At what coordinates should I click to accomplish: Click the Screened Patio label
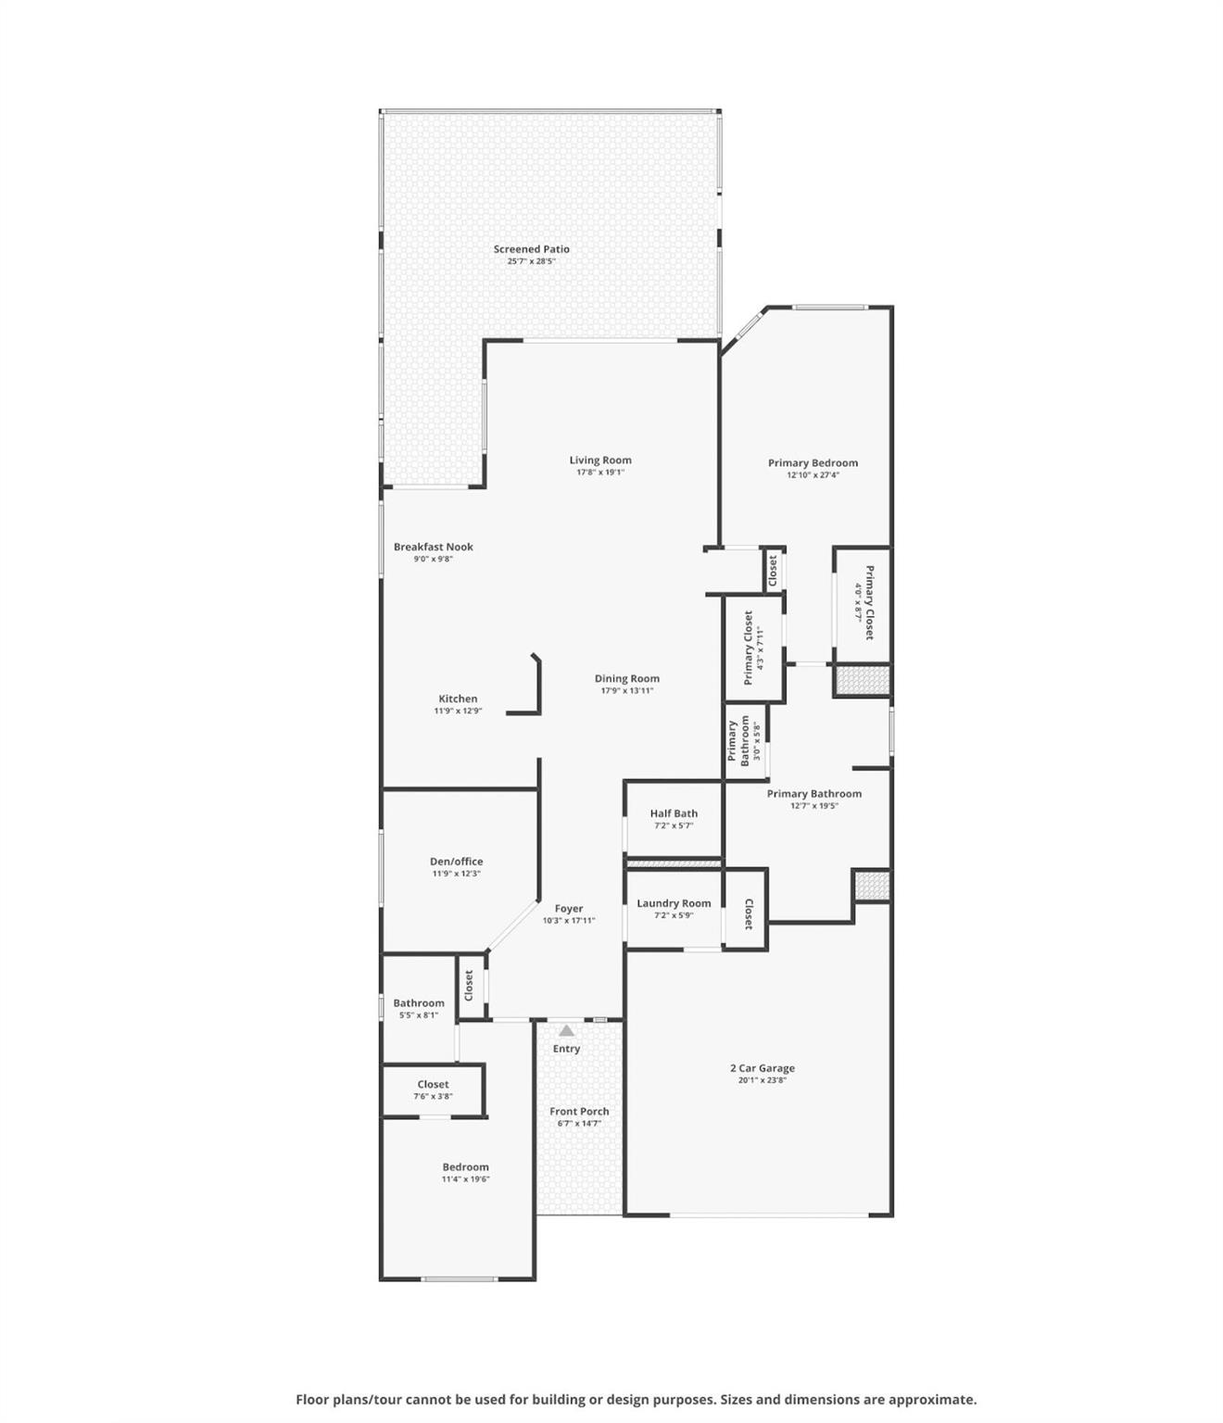pyautogui.click(x=531, y=249)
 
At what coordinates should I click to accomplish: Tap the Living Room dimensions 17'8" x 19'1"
pyautogui.click(x=599, y=472)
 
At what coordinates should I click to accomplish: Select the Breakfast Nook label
pyautogui.click(x=434, y=547)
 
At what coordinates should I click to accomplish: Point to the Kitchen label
pyautogui.click(x=458, y=699)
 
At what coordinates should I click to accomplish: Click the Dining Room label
pyautogui.click(x=626, y=678)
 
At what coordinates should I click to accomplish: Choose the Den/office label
pyautogui.click(x=456, y=862)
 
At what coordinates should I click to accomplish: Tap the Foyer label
pyautogui.click(x=569, y=908)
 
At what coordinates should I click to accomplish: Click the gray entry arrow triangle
pyautogui.click(x=566, y=1030)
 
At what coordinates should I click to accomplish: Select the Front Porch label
pyautogui.click(x=579, y=1111)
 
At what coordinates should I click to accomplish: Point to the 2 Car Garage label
pyautogui.click(x=762, y=1068)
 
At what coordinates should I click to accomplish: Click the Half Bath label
pyautogui.click(x=674, y=813)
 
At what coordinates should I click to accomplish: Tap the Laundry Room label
pyautogui.click(x=674, y=903)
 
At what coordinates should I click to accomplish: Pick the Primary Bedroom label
pyautogui.click(x=813, y=462)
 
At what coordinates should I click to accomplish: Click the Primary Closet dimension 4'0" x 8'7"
pyautogui.click(x=859, y=602)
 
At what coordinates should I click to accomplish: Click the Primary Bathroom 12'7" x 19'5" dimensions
pyautogui.click(x=814, y=805)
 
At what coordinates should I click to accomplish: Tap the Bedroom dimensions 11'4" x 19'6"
pyautogui.click(x=465, y=1178)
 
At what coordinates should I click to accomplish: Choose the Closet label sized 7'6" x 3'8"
pyautogui.click(x=433, y=1084)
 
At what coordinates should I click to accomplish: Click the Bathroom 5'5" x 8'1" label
pyautogui.click(x=419, y=1003)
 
